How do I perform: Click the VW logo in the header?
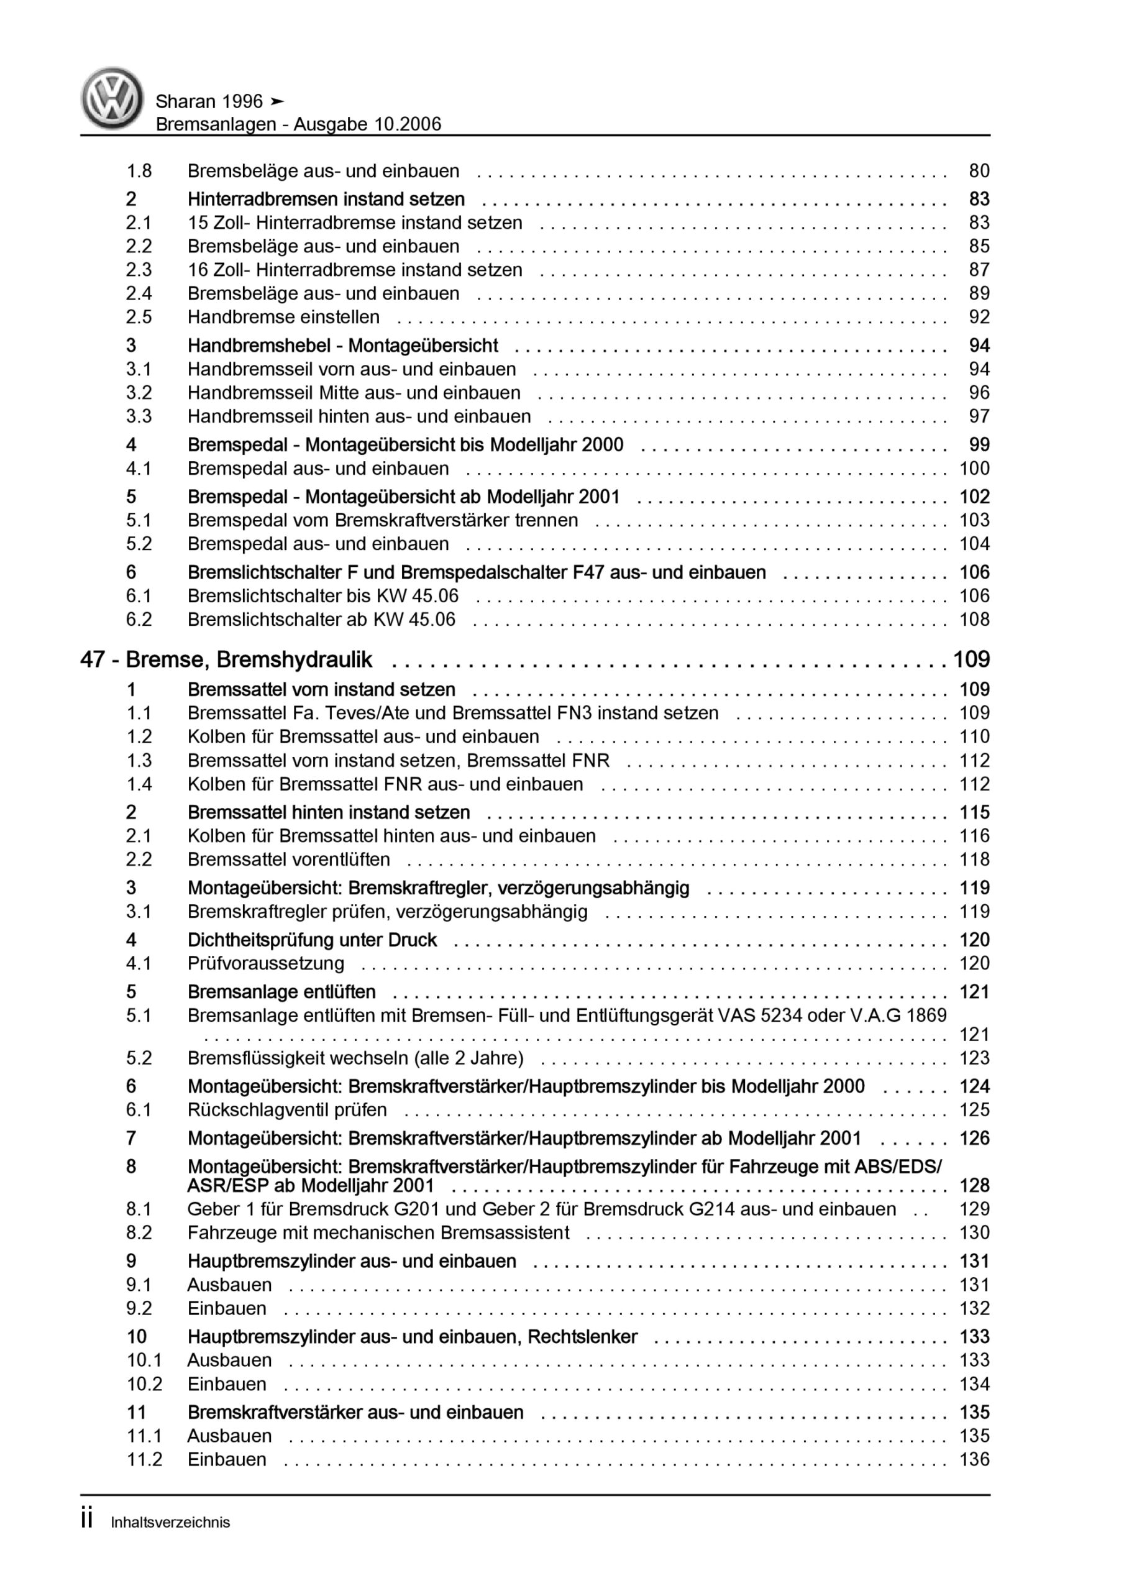pyautogui.click(x=112, y=98)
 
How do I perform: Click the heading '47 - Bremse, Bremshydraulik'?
pyautogui.click(x=226, y=659)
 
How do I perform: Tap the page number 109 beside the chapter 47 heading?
pyautogui.click(x=972, y=659)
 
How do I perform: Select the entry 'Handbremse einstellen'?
pyautogui.click(x=283, y=318)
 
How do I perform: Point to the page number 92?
pyautogui.click(x=979, y=318)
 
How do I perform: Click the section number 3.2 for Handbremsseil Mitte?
pyautogui.click(x=139, y=393)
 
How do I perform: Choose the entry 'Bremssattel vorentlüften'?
pyautogui.click(x=288, y=860)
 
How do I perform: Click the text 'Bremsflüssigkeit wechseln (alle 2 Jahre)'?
pyautogui.click(x=355, y=1058)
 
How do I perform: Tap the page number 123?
pyautogui.click(x=974, y=1058)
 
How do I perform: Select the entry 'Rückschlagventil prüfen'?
pyautogui.click(x=287, y=1110)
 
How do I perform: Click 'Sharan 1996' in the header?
pyautogui.click(x=209, y=102)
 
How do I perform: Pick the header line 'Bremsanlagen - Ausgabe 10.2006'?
pyautogui.click(x=298, y=124)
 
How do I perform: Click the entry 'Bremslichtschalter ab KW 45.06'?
pyautogui.click(x=321, y=620)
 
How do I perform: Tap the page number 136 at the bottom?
pyautogui.click(x=974, y=1459)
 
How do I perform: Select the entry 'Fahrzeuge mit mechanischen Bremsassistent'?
pyautogui.click(x=378, y=1233)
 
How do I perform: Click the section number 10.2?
pyautogui.click(x=144, y=1384)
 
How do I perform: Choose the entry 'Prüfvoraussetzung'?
pyautogui.click(x=265, y=963)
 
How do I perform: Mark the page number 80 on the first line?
pyautogui.click(x=979, y=171)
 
